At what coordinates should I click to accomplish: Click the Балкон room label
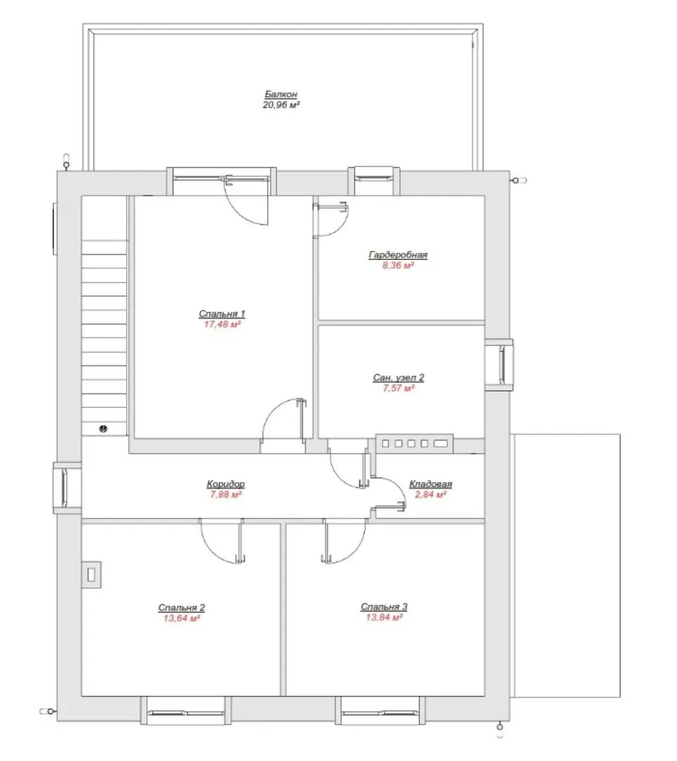281,94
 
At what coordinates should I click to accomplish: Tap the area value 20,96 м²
281,105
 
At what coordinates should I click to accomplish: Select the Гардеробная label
398,255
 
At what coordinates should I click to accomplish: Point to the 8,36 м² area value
398,266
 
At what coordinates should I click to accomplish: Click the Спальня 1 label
222,314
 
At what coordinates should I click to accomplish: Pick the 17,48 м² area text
222,324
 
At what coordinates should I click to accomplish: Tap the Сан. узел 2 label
398,378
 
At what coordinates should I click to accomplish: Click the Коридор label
225,484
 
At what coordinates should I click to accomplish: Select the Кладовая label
430,484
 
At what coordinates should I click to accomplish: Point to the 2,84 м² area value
430,495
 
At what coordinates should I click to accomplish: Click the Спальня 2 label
182,607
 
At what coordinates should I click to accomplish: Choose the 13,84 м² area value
384,617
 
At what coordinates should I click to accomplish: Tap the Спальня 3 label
384,607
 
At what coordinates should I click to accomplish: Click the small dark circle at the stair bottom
103,428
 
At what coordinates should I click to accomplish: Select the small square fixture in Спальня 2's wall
91,575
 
